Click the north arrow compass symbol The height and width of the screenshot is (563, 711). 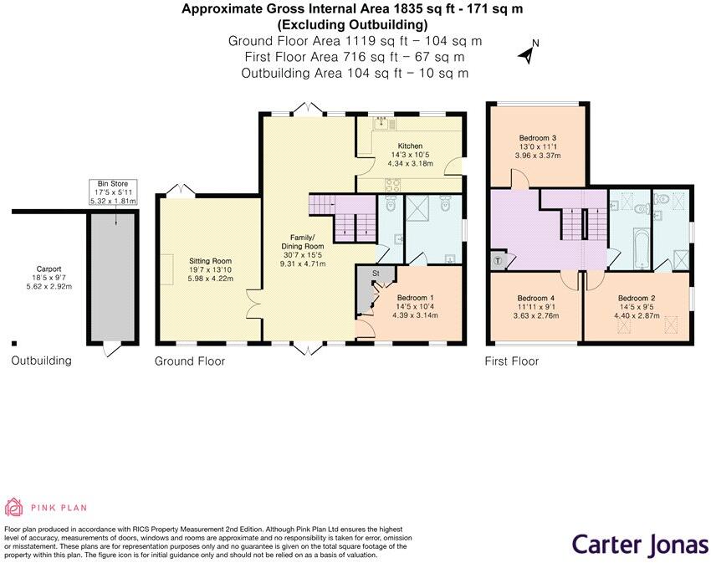click(x=527, y=53)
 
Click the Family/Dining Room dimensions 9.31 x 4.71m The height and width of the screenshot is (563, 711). click(x=302, y=264)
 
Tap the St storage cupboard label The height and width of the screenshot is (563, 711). click(x=376, y=273)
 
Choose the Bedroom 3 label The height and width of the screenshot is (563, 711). click(x=537, y=138)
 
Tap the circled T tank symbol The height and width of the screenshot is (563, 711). click(x=499, y=260)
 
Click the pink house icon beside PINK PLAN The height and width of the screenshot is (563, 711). click(x=14, y=506)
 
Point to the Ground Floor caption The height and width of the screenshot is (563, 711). click(x=190, y=361)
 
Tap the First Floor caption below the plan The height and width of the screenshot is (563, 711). click(x=512, y=361)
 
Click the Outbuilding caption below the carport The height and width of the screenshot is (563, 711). click(x=41, y=361)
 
